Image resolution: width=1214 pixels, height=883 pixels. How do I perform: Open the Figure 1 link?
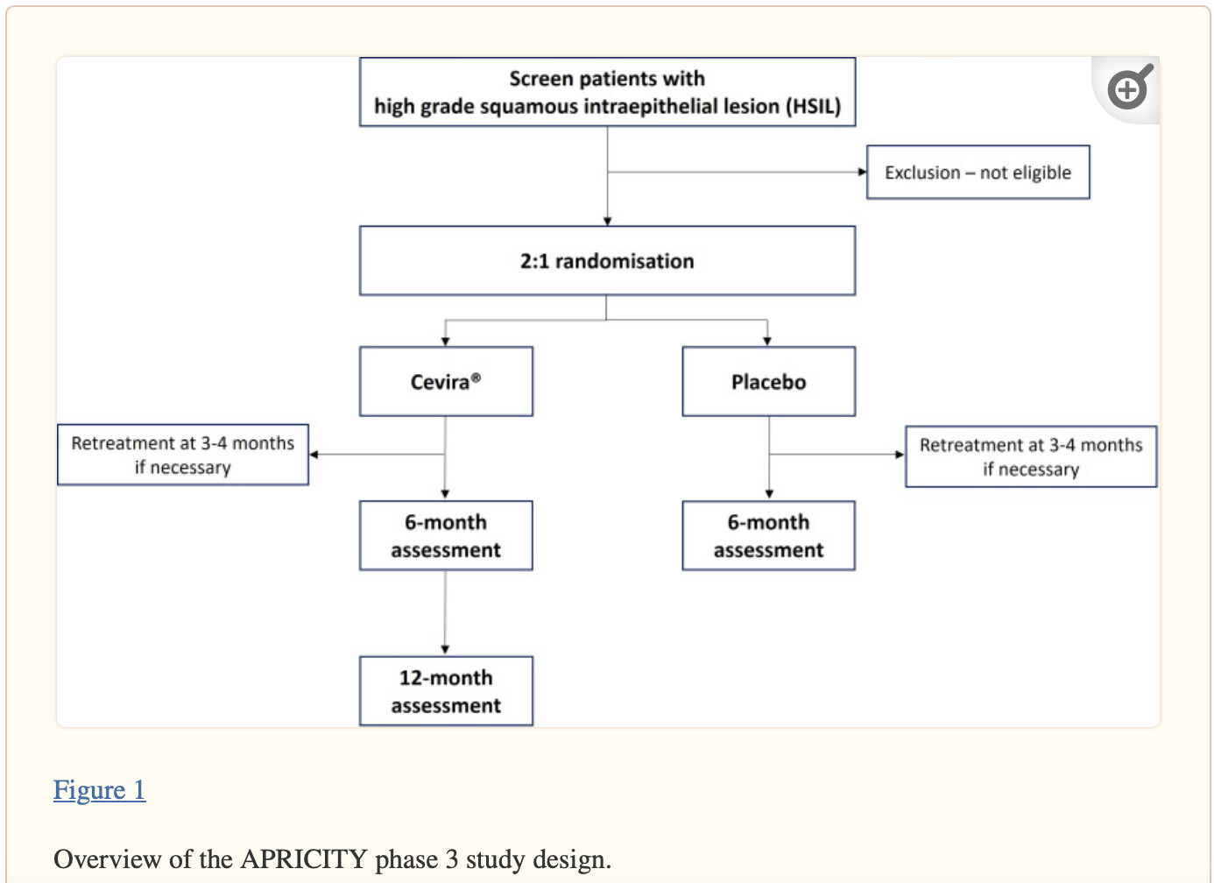(x=99, y=790)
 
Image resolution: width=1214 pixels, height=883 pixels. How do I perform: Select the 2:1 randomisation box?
(x=607, y=261)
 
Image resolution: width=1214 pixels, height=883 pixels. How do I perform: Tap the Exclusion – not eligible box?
(x=978, y=173)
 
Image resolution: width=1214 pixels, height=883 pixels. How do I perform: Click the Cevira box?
(x=446, y=382)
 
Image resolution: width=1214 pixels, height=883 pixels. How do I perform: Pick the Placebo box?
(x=768, y=382)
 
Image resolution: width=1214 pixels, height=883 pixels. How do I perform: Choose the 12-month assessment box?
(x=446, y=691)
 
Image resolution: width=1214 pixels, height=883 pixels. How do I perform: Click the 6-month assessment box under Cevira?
(x=446, y=535)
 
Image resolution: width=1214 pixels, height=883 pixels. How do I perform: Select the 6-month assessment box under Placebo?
(x=768, y=535)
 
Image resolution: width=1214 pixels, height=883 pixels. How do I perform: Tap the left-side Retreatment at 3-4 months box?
(x=183, y=455)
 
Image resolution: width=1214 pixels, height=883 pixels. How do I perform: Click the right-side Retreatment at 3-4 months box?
(x=1031, y=456)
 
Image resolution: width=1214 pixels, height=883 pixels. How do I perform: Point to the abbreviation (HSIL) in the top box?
(x=814, y=106)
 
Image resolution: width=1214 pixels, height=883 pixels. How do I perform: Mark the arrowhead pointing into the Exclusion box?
(x=862, y=172)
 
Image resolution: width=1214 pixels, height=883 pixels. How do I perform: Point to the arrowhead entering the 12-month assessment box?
(x=445, y=649)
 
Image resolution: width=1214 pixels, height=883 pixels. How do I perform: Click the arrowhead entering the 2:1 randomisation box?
(x=607, y=221)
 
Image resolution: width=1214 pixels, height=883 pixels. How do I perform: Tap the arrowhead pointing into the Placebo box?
(x=767, y=341)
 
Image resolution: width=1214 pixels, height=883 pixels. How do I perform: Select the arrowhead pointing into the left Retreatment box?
(x=314, y=455)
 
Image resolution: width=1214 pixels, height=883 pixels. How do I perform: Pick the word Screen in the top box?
(x=541, y=79)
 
